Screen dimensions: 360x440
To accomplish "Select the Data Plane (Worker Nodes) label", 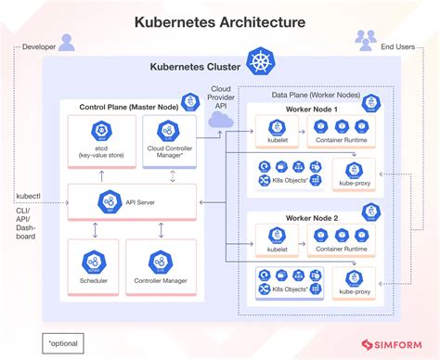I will pos(316,95).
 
